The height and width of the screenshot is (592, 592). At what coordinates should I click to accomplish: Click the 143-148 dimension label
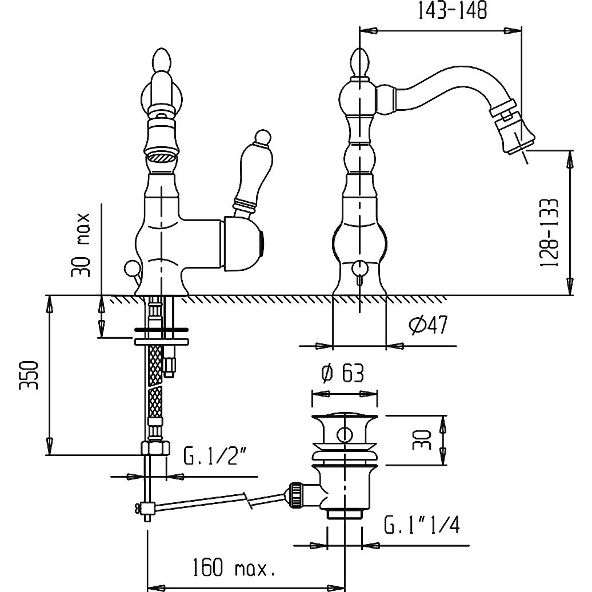(453, 10)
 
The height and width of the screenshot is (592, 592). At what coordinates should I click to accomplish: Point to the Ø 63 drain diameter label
(342, 373)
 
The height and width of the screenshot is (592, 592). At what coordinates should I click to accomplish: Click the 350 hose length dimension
(29, 375)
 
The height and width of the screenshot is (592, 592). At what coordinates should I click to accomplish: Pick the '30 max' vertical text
(81, 245)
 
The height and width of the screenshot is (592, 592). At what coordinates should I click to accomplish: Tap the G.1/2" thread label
(218, 455)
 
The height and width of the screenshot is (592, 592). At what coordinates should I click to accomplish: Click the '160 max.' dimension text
(233, 567)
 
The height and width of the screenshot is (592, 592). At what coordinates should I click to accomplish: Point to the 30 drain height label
(422, 439)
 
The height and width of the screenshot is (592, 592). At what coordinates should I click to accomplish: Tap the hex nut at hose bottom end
(155, 448)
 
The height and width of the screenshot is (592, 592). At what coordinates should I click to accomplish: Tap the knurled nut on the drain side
(295, 494)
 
